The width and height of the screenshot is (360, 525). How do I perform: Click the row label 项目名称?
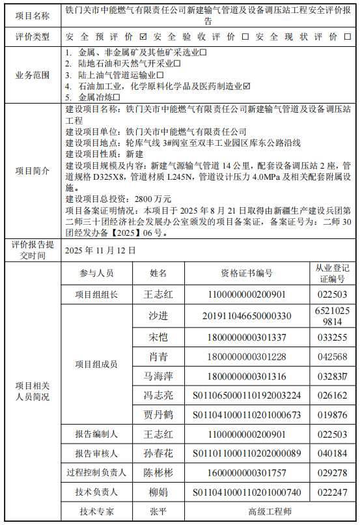click(x=32, y=14)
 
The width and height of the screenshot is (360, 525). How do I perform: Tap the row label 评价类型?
click(x=32, y=36)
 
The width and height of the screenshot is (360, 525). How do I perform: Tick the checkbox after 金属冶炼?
click(x=117, y=96)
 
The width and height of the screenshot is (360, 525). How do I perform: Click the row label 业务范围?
click(x=32, y=74)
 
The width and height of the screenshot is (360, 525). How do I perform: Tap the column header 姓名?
click(x=158, y=273)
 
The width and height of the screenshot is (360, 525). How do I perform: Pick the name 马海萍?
click(x=158, y=376)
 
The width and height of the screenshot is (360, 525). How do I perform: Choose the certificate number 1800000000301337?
click(x=247, y=337)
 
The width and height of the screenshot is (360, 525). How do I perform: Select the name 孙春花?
click(x=158, y=453)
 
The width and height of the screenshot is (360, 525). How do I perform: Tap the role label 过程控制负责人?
click(x=96, y=473)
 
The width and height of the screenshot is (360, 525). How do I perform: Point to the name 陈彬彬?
click(x=158, y=473)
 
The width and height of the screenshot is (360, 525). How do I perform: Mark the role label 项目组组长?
click(x=96, y=294)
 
